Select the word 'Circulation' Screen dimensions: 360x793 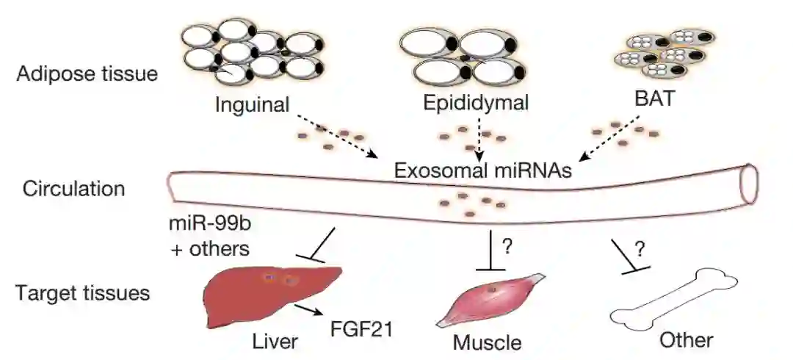pyautogui.click(x=73, y=189)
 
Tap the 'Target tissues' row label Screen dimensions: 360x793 pyautogui.click(x=83, y=293)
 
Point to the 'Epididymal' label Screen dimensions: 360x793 pyautogui.click(x=477, y=102)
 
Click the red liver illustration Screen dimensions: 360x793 pyautogui.click(x=264, y=294)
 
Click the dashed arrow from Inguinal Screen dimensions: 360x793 pyautogui.click(x=335, y=135)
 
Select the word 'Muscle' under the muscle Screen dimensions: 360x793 pyautogui.click(x=487, y=342)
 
